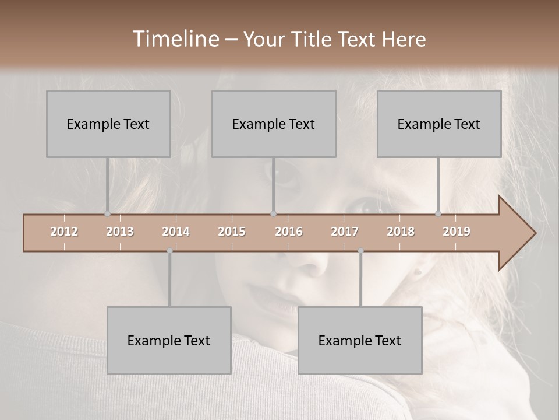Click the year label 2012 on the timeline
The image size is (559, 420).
pos(64,232)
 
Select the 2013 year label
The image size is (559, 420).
pos(120,232)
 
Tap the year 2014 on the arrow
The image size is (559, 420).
pos(176,232)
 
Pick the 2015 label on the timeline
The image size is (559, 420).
pos(232,232)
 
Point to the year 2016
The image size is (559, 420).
pos(289,232)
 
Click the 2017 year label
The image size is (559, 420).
pos(345,232)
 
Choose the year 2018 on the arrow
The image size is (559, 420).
pos(401,232)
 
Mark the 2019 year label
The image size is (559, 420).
pos(457,232)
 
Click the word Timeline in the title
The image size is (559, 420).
pos(175,39)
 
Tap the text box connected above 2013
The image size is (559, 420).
pos(108,124)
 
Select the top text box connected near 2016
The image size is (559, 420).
pos(274,124)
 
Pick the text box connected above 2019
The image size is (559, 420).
pos(439,124)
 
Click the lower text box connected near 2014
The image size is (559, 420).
pos(169,340)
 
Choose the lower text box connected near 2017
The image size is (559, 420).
pos(360,340)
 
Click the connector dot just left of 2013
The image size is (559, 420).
pos(107,214)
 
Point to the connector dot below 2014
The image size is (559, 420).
pos(169,251)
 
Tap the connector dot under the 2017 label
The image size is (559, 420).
pos(360,251)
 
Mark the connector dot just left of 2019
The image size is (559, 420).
pos(438,214)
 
